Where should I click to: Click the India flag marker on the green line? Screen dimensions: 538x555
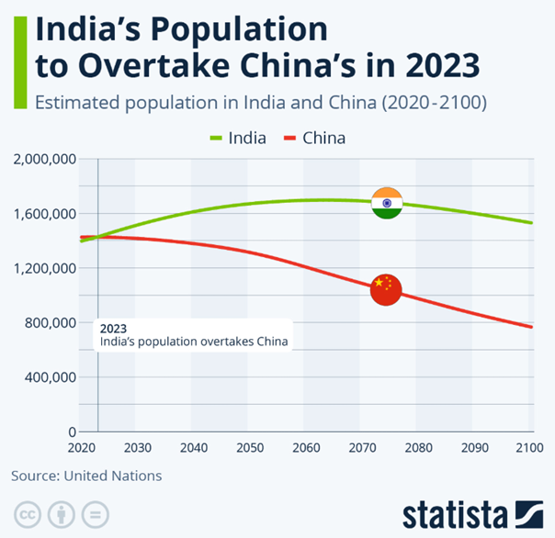click(x=387, y=202)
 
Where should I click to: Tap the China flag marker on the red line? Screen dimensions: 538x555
click(x=386, y=290)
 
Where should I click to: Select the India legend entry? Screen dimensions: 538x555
click(x=238, y=139)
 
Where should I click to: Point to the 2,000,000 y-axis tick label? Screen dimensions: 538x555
click(x=43, y=160)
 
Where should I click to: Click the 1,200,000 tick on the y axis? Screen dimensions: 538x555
click(x=43, y=268)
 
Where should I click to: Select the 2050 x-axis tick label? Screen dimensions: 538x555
click(x=248, y=447)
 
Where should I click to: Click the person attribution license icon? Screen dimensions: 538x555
click(x=62, y=513)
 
